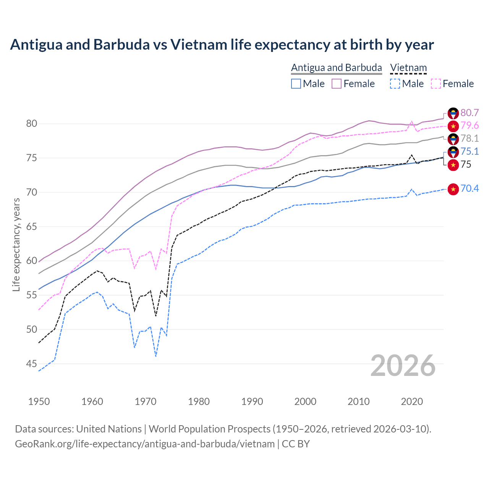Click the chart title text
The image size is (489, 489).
tap(222, 45)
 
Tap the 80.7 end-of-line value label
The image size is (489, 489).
tap(470, 113)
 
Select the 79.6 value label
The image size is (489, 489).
tap(470, 125)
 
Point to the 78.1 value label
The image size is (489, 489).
tap(470, 138)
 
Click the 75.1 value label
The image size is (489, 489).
tap(470, 151)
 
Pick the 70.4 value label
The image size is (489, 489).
tap(470, 188)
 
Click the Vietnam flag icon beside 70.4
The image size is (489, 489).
tap(453, 189)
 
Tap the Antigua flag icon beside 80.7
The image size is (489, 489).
tap(453, 113)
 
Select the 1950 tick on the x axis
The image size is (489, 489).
tap(39, 402)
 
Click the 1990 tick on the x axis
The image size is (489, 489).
tap(252, 402)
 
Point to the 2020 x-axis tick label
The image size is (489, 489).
tap(412, 402)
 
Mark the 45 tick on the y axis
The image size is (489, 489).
tap(32, 364)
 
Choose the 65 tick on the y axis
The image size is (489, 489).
tap(32, 227)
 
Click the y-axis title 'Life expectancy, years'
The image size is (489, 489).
tap(16, 244)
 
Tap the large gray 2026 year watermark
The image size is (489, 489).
tap(403, 366)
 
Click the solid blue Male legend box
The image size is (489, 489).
tap(296, 84)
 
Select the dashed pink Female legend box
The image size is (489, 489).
tap(436, 84)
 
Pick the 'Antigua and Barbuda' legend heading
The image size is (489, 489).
tap(337, 68)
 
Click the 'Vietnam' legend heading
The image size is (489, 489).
tap(408, 68)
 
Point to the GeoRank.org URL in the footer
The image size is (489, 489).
tap(145, 444)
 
